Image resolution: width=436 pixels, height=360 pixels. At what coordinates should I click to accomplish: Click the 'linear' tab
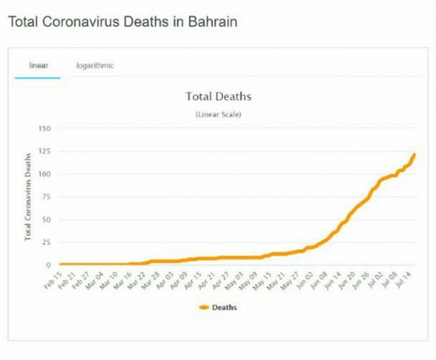click(38, 65)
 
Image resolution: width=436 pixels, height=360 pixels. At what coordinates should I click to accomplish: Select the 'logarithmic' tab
click(95, 65)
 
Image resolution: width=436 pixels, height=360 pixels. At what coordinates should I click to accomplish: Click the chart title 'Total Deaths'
click(218, 96)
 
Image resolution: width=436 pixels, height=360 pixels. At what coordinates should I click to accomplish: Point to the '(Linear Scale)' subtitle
click(218, 114)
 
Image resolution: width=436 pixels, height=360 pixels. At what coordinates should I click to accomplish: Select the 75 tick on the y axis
click(46, 196)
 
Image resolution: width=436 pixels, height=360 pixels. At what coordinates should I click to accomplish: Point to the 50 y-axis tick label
click(46, 219)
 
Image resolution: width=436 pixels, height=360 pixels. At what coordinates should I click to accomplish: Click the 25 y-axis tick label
click(46, 241)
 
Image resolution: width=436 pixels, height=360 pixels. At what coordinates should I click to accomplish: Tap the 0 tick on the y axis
click(48, 265)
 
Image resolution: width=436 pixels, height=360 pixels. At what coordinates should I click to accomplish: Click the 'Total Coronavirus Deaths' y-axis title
click(28, 196)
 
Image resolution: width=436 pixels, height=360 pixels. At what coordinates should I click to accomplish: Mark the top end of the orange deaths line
click(414, 154)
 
